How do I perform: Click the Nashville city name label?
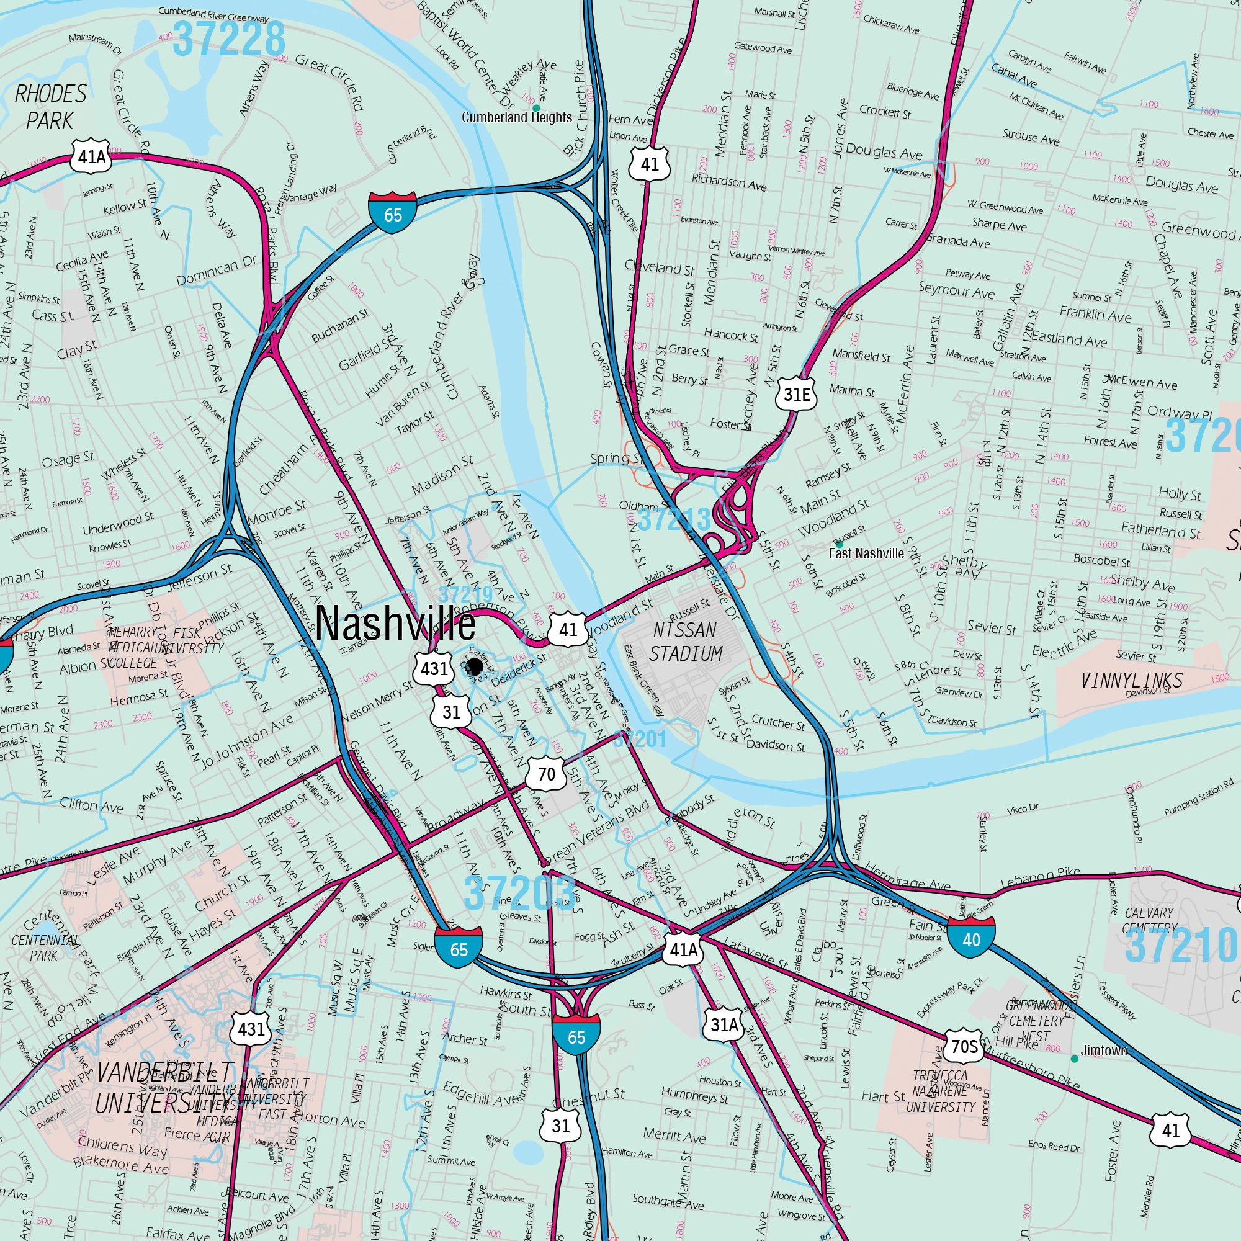[x=396, y=624]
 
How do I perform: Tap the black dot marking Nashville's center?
[x=475, y=665]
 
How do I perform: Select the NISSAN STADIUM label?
[x=686, y=642]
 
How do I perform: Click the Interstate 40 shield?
[x=971, y=939]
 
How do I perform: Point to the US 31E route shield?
[x=797, y=395]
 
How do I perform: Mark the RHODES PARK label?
[x=50, y=107]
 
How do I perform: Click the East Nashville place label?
[x=866, y=553]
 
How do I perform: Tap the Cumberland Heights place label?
[x=516, y=117]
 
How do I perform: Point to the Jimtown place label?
[x=1103, y=1051]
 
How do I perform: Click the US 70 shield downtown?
[x=546, y=773]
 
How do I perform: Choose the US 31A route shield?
[x=724, y=1024]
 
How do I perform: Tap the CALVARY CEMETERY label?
[x=1149, y=920]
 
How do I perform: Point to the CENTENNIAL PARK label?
[x=43, y=948]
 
